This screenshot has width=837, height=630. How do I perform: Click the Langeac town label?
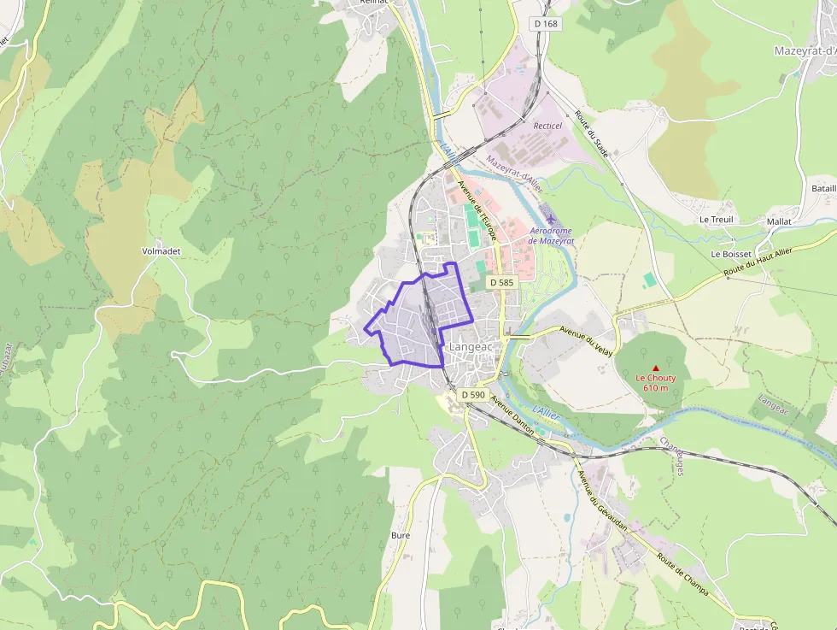469,348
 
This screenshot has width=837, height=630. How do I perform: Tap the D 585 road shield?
501,282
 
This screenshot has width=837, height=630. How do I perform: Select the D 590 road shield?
473,395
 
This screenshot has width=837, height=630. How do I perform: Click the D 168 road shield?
546,24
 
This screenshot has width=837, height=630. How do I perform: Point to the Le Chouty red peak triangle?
656,368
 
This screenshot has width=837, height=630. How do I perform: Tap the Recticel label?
547,126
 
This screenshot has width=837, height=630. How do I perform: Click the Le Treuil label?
716,220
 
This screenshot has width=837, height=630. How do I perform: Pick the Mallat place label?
779,221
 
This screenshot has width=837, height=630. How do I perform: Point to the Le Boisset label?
731,254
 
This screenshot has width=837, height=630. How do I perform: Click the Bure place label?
401,535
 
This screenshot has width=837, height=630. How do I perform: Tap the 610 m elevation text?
656,389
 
